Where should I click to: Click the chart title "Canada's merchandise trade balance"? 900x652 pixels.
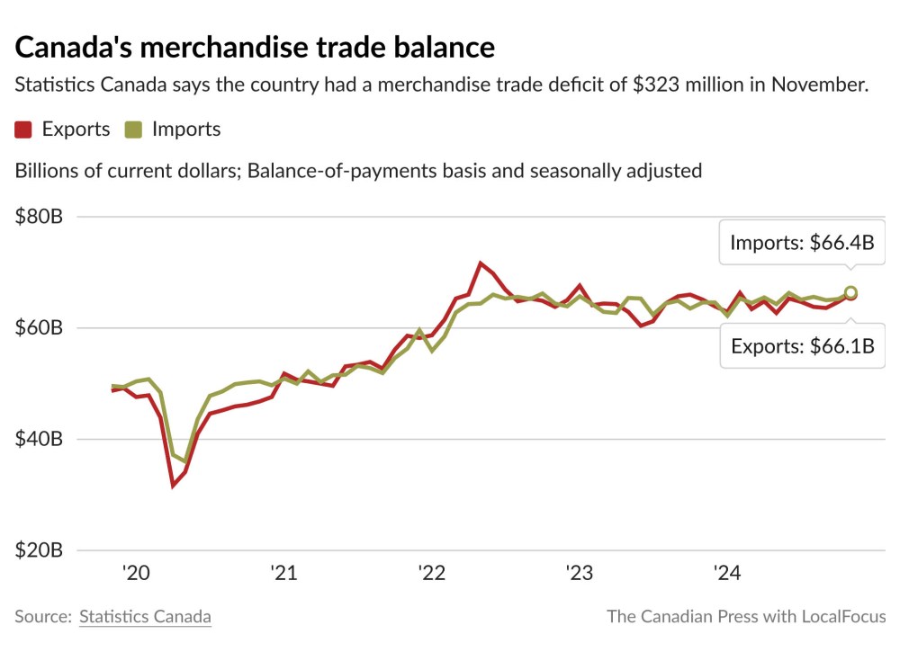pos(255,47)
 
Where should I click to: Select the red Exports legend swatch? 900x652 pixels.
pos(23,130)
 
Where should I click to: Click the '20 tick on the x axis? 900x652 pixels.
pos(136,573)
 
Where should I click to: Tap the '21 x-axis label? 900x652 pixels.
pos(283,573)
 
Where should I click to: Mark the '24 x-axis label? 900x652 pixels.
pos(725,573)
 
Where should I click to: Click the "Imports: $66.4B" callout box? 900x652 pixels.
pos(801,243)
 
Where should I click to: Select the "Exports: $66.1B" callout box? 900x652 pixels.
pos(802,346)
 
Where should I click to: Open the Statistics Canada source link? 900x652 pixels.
pos(145,617)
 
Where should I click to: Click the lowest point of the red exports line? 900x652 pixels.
pos(173,486)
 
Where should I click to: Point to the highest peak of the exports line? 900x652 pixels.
pos(481,263)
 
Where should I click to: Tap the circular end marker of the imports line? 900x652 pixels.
pos(850,292)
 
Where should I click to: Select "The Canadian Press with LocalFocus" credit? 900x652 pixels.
pos(745,617)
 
